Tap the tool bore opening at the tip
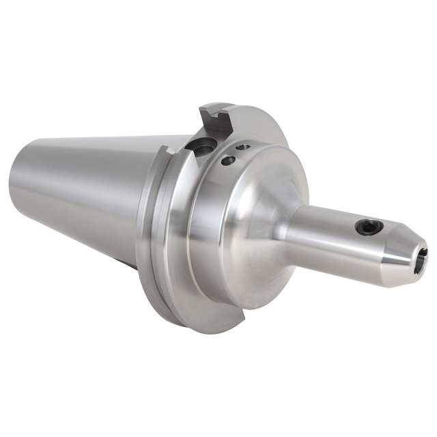pos(422,259)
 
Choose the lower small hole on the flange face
pos(229,160)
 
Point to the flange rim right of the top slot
pos(263,126)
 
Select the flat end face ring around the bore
pos(416,270)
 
